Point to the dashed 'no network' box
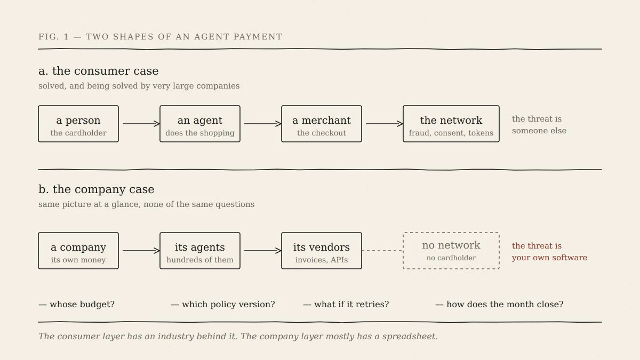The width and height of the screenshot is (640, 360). point(451,233)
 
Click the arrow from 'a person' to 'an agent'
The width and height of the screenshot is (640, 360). point(141,124)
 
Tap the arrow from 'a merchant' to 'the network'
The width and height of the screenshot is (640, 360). point(385,124)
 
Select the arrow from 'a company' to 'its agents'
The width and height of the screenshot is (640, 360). point(141,251)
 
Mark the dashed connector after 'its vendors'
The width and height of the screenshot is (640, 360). point(382,251)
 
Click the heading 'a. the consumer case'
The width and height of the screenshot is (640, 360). point(98,71)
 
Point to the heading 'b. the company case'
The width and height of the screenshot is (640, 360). point(97,189)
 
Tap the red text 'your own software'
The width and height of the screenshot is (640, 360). point(549,258)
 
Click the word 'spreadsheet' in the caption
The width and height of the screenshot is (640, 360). point(409,337)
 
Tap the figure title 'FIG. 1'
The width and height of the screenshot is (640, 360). point(54,37)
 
